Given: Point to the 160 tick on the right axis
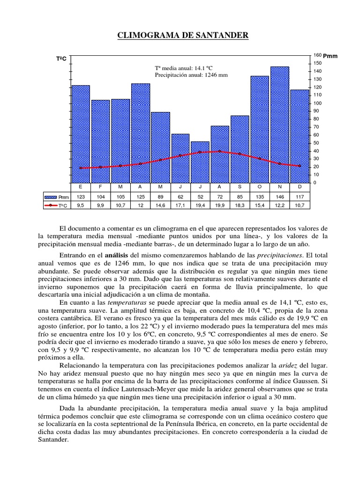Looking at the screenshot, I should (317, 55).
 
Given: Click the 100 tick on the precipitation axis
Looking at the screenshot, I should (317, 103).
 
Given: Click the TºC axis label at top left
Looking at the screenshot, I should (61, 59).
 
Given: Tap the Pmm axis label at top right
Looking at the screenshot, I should (330, 56).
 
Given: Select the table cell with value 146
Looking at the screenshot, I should (280, 197).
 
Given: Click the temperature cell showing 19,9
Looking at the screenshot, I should (220, 205).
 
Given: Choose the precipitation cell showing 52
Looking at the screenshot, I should (200, 197).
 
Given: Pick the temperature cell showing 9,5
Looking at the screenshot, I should (81, 205).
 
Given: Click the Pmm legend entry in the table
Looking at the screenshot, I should (56, 197).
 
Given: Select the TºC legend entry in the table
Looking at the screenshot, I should (56, 205).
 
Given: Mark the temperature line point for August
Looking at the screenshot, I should (220, 151).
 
